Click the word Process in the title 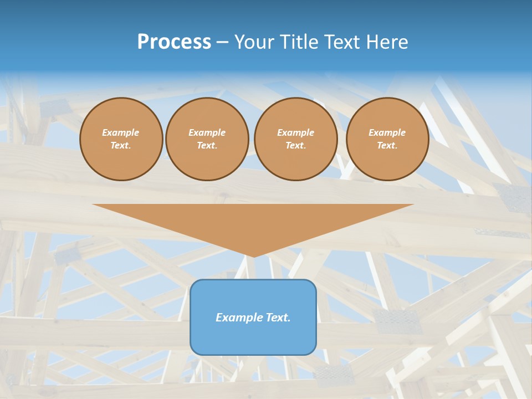click(174, 42)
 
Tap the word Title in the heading click(297, 42)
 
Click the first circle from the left click(121, 139)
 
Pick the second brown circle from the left click(207, 139)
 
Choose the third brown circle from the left click(295, 139)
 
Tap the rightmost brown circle click(387, 139)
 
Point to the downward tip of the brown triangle click(253, 256)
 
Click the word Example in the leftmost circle click(121, 132)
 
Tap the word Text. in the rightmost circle click(387, 146)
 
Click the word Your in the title click(252, 42)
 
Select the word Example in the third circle click(295, 132)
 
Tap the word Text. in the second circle click(207, 146)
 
